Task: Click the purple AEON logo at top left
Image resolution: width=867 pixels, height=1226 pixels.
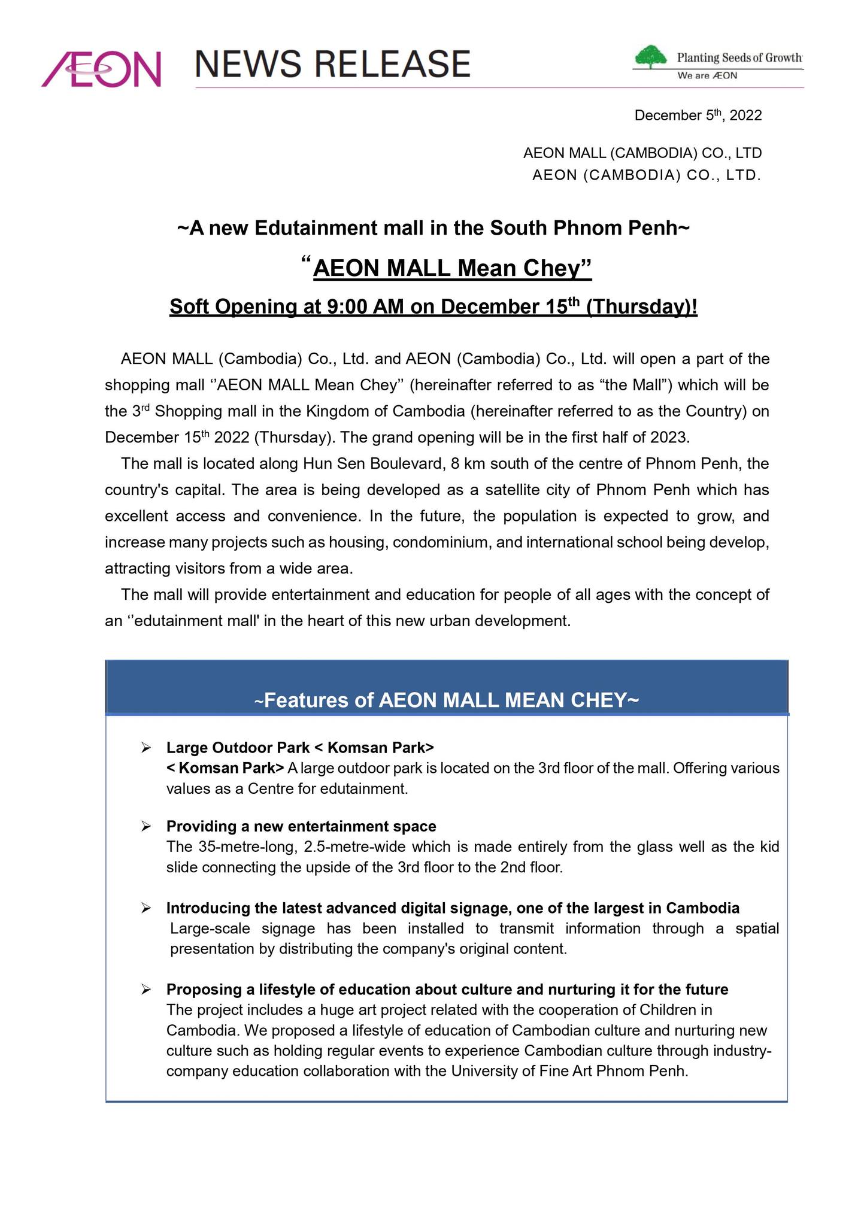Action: click(x=101, y=68)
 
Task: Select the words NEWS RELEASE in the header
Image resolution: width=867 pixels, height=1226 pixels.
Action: click(x=332, y=64)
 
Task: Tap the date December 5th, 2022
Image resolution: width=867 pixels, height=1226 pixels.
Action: click(x=698, y=115)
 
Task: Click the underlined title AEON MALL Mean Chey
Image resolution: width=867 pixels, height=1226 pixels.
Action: click(x=452, y=268)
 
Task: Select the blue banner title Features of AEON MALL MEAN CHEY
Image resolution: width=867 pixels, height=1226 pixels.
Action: click(x=447, y=700)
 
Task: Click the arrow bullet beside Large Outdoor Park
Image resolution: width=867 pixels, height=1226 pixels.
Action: click(x=145, y=748)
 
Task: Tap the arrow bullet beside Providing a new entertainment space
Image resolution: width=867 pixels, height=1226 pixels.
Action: click(x=145, y=827)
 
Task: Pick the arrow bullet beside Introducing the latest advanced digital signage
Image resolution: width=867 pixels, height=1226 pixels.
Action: click(x=145, y=908)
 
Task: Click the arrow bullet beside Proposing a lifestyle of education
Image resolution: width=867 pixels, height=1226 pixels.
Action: click(x=145, y=990)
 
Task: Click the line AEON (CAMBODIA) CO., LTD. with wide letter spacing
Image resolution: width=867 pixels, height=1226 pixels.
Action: click(x=647, y=175)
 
